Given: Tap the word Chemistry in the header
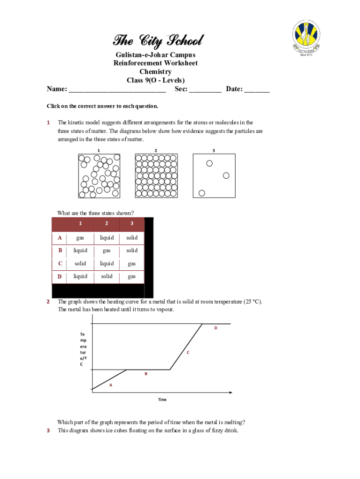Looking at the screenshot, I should click(155, 72).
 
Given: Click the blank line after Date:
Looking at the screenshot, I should click(257, 90).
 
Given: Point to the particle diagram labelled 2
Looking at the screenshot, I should click(156, 176).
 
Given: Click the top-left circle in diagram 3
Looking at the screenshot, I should click(209, 163).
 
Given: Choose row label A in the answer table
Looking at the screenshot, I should click(60, 238).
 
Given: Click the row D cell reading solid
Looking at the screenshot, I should click(107, 276).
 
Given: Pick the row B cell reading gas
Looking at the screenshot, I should click(107, 251).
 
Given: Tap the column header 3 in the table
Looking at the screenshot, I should click(132, 224).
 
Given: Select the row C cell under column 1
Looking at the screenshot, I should click(80, 264).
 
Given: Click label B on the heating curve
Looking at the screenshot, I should click(146, 374).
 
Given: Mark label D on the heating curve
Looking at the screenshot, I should click(216, 328).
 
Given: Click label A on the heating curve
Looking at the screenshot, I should click(111, 385).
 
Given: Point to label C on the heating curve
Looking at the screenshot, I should click(188, 352).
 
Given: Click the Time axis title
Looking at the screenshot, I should click(162, 400).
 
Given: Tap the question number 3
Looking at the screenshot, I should click(48, 431).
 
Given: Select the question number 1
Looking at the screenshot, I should click(48, 123).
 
